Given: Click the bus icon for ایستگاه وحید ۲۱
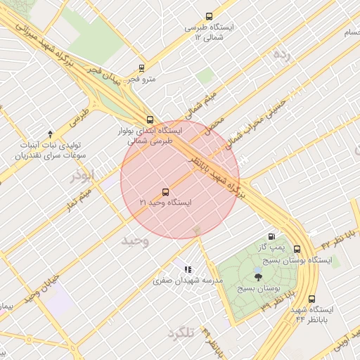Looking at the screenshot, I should [x=166, y=191].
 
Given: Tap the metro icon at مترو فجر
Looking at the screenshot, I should [x=142, y=69].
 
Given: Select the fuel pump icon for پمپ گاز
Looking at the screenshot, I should [x=271, y=237].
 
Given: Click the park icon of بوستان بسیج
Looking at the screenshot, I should [x=258, y=276].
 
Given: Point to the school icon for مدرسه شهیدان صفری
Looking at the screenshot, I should [x=188, y=269].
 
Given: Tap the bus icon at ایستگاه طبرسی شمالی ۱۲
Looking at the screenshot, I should [x=208, y=17].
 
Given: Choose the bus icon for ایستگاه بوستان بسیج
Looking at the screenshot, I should [x=297, y=249].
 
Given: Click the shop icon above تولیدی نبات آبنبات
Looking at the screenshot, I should [x=50, y=134].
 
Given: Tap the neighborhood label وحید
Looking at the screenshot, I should [x=135, y=240].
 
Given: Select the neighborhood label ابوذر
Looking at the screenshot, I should [x=82, y=176].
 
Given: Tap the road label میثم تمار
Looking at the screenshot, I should [x=87, y=196].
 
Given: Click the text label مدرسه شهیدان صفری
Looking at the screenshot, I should [x=188, y=281].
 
